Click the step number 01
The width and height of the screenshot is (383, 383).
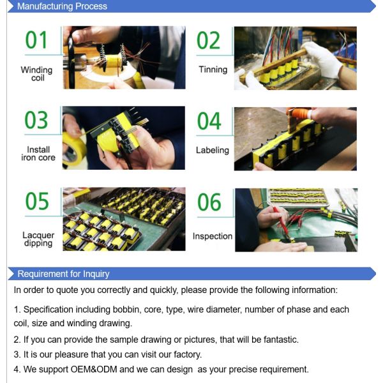(37, 40)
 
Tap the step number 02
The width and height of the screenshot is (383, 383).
(209, 40)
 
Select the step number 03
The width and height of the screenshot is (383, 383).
(37, 120)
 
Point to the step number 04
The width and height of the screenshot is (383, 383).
(209, 120)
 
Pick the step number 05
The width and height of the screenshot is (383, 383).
(37, 200)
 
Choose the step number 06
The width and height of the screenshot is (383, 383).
(209, 202)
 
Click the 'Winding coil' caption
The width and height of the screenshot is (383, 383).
(37, 74)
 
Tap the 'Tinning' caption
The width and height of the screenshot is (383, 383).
(213, 70)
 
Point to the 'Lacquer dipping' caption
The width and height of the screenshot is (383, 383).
(38, 239)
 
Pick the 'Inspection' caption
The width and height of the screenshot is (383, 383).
(213, 236)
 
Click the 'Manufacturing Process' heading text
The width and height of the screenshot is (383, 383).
(62, 6)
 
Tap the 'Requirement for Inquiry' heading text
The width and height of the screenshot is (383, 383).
(63, 274)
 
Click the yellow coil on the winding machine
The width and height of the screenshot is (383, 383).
(114, 62)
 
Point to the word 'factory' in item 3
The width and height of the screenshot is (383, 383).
(183, 354)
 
